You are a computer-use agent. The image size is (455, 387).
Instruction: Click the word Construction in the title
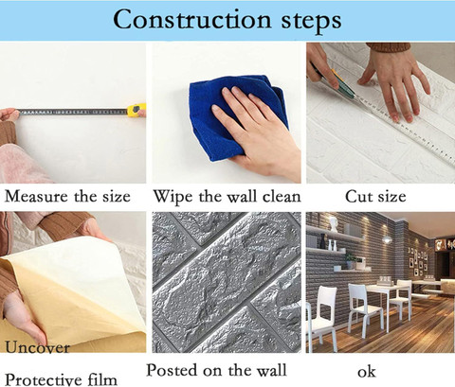coord(192,20)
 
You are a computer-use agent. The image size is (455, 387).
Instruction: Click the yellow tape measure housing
coord(136,110)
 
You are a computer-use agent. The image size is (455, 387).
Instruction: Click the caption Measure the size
coord(67,197)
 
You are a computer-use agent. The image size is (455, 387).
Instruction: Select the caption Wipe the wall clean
coord(227,197)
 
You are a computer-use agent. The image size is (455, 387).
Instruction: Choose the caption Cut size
coord(375,197)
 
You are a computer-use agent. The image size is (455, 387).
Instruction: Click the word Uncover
coord(37,347)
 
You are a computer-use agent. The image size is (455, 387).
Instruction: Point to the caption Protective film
coord(62,379)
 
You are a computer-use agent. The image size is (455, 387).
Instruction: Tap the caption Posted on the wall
coord(216,370)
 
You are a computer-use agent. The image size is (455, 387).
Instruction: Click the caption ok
coord(367,372)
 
